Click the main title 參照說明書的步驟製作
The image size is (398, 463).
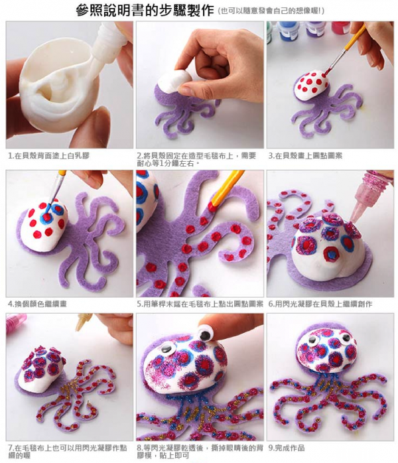tap(145, 11)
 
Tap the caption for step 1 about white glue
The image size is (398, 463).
tap(48, 156)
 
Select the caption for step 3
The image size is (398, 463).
tap(305, 156)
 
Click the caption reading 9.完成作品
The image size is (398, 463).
tap(287, 448)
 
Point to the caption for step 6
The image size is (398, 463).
tap(320, 304)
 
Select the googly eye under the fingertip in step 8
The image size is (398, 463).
tap(204, 333)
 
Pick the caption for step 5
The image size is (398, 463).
tap(200, 304)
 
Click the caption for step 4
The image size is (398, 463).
tap(37, 304)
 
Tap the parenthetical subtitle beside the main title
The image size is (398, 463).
tap(271, 11)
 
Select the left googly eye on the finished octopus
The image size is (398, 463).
tap(312, 340)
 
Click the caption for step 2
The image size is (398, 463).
tap(196, 159)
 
